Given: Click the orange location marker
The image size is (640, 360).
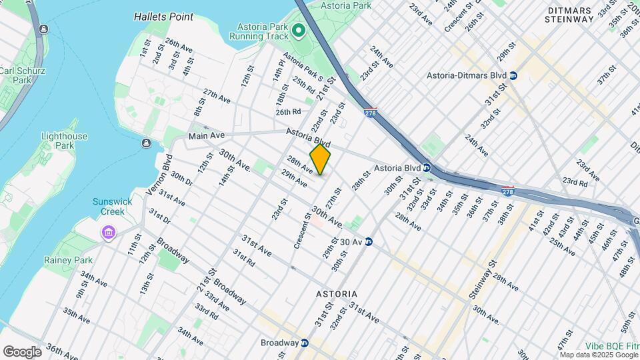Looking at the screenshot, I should [320, 159].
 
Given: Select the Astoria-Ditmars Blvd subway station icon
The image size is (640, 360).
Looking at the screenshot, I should [513, 76].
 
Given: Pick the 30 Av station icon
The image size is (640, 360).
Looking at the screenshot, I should [367, 241].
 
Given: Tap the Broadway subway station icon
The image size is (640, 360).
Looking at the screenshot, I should [305, 343].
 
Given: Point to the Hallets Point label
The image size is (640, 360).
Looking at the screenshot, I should [163, 16].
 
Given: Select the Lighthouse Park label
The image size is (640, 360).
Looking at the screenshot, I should [64, 141].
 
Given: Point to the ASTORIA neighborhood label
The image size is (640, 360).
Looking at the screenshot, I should [336, 294].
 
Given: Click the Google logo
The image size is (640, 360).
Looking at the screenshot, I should [22, 351].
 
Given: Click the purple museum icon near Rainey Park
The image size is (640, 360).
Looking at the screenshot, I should [108, 233].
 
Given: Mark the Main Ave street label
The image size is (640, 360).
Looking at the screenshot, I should [207, 135].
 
